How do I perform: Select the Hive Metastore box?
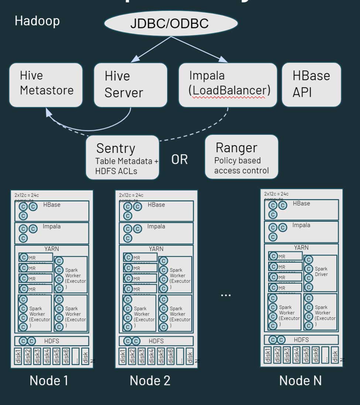46,85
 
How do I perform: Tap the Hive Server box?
130,85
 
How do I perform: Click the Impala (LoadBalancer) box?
227,85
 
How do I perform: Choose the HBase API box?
311,85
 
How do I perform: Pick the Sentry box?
122,157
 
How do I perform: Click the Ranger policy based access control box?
241,157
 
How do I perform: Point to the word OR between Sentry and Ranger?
179,159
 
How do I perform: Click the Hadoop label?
37,21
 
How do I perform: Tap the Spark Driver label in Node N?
321,272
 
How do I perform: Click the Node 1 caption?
49,381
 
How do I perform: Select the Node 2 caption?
150,381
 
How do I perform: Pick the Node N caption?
300,381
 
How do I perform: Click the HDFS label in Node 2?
156,341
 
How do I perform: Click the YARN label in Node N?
301,248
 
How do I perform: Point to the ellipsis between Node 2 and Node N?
226,295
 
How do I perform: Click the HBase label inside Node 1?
52,205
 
